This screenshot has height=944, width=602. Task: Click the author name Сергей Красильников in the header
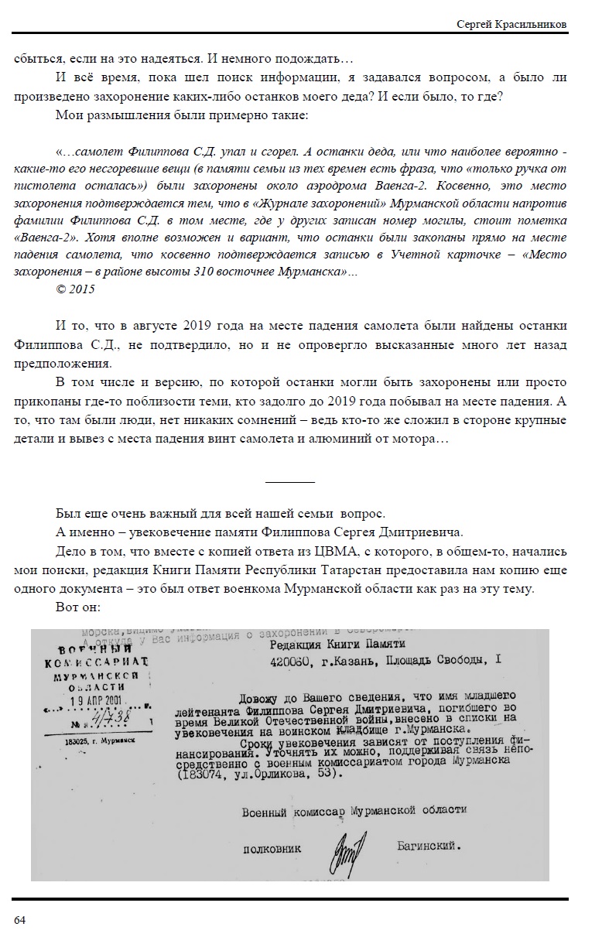[511, 25]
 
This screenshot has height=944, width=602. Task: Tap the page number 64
[20, 920]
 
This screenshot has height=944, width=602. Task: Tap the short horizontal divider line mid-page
[289, 483]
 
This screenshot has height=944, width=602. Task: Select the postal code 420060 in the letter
[289, 659]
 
